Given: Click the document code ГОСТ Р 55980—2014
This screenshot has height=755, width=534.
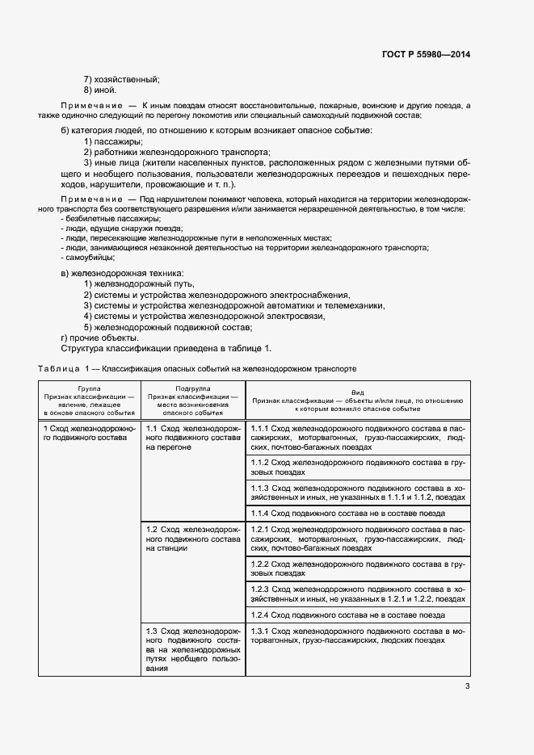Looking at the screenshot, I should (426, 54).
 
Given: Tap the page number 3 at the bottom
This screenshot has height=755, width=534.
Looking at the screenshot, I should (467, 687).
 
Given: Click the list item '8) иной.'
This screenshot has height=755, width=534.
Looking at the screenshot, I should (100, 90).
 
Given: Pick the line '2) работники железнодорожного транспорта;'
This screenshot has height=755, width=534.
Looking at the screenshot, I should (177, 152).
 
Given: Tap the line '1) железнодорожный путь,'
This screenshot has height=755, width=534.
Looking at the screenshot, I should (134, 284).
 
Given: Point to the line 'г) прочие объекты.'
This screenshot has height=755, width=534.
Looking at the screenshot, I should (100, 338).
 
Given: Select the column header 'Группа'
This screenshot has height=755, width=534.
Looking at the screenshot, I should (90, 388).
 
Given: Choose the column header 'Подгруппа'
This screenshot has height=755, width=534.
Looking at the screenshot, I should (193, 388).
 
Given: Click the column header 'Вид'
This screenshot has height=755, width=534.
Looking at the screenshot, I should (357, 388).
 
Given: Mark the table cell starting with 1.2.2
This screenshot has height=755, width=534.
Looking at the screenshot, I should (357, 568).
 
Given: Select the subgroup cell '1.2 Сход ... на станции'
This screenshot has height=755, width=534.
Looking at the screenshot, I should (193, 538).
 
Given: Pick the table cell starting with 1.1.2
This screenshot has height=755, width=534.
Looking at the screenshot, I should (357, 466).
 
